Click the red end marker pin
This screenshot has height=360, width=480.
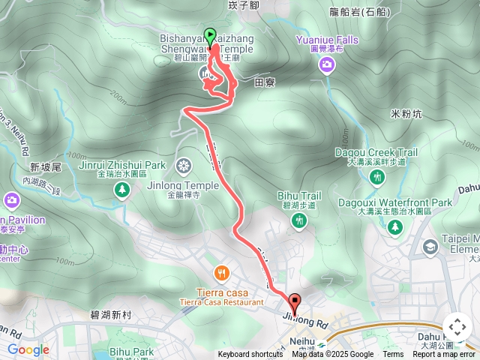coord(294,304)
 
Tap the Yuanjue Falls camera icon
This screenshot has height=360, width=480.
coord(326,65)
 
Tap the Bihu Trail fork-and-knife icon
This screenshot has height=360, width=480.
coord(300,220)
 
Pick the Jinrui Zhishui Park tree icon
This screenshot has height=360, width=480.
coord(121,190)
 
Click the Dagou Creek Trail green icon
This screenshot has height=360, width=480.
coord(377,177)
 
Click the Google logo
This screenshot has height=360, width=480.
coord(28,349)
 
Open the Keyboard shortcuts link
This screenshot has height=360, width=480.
coord(250,355)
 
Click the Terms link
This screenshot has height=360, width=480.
coord(393,355)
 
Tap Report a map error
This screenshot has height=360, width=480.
coord(444,355)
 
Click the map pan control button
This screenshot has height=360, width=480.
coord(457,327)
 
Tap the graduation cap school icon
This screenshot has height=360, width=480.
coord(430,246)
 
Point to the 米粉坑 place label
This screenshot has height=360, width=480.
coord(406,114)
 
